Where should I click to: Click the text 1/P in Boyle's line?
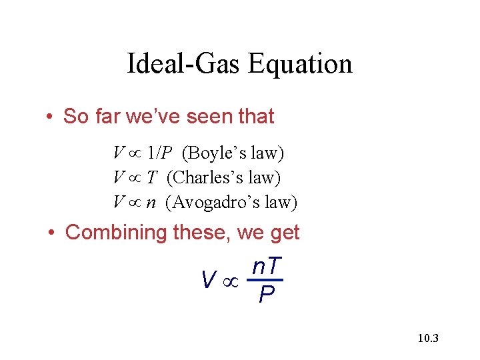point(161,154)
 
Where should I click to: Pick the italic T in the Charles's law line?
point(152,178)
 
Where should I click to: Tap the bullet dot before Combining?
point(51,233)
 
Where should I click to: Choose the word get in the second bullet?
point(284,233)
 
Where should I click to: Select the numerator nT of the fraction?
point(267,267)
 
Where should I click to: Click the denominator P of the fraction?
point(267,294)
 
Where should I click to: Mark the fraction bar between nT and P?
point(267,280)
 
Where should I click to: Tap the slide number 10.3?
point(427,339)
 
